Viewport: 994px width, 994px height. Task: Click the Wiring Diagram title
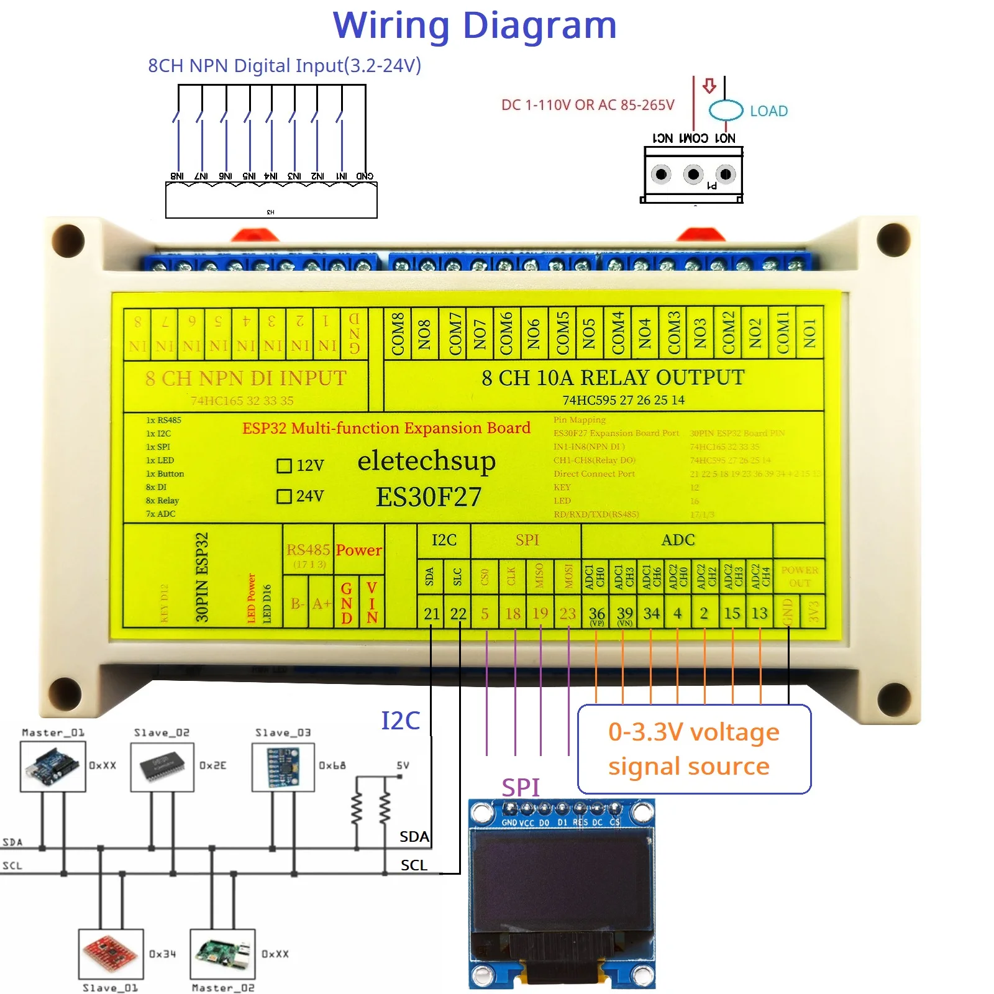[475, 26]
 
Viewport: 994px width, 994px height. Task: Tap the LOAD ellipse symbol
[726, 110]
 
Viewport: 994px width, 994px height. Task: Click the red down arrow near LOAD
[709, 85]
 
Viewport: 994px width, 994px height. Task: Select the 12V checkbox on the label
[284, 465]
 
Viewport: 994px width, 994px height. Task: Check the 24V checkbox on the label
[284, 496]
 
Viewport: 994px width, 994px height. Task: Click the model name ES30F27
[428, 497]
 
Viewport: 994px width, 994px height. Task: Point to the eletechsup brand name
[426, 461]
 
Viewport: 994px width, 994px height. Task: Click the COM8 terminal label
[398, 334]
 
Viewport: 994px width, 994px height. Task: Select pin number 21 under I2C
[431, 613]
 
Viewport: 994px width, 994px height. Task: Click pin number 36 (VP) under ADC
[596, 614]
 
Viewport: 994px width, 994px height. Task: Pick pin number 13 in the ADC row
[759, 613]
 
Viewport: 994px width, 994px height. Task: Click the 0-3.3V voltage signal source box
[694, 749]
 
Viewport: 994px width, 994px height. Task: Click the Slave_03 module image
[283, 767]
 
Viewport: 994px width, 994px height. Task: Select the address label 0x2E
[212, 765]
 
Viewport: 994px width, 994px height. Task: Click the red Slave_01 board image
[111, 953]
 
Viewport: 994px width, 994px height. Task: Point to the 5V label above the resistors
[403, 765]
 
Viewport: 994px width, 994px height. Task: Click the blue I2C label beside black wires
[400, 721]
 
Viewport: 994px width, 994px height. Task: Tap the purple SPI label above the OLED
[520, 787]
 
